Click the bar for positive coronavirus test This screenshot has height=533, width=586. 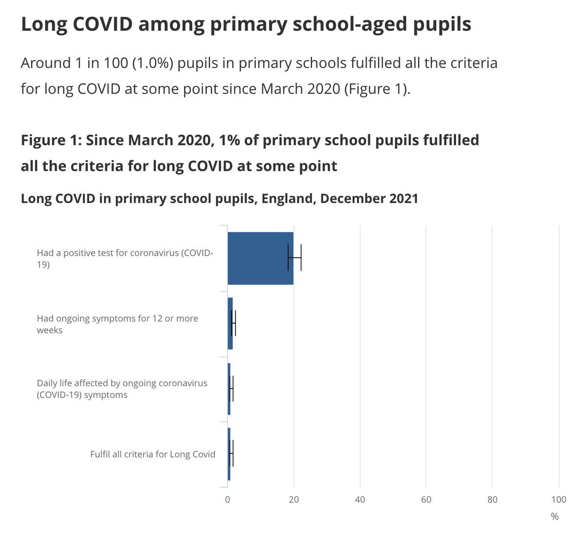260,258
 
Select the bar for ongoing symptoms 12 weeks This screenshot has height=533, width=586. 230,323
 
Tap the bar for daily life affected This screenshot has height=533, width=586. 229,389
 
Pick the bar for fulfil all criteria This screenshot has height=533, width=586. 229,454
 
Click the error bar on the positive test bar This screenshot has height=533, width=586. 294,258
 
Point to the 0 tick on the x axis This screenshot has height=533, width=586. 228,499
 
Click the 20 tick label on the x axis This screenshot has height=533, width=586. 293,499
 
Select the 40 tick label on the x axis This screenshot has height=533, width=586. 360,499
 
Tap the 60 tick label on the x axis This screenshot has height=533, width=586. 426,499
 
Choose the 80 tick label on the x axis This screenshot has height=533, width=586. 492,499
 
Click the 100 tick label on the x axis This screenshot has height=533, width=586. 559,499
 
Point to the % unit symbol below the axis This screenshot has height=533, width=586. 554,516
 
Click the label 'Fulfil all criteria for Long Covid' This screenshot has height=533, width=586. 152,454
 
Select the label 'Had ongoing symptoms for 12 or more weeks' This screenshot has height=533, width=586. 117,324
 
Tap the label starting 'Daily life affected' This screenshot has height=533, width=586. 122,389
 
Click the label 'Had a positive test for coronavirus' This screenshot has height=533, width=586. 125,259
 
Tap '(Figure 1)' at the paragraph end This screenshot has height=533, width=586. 377,89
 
